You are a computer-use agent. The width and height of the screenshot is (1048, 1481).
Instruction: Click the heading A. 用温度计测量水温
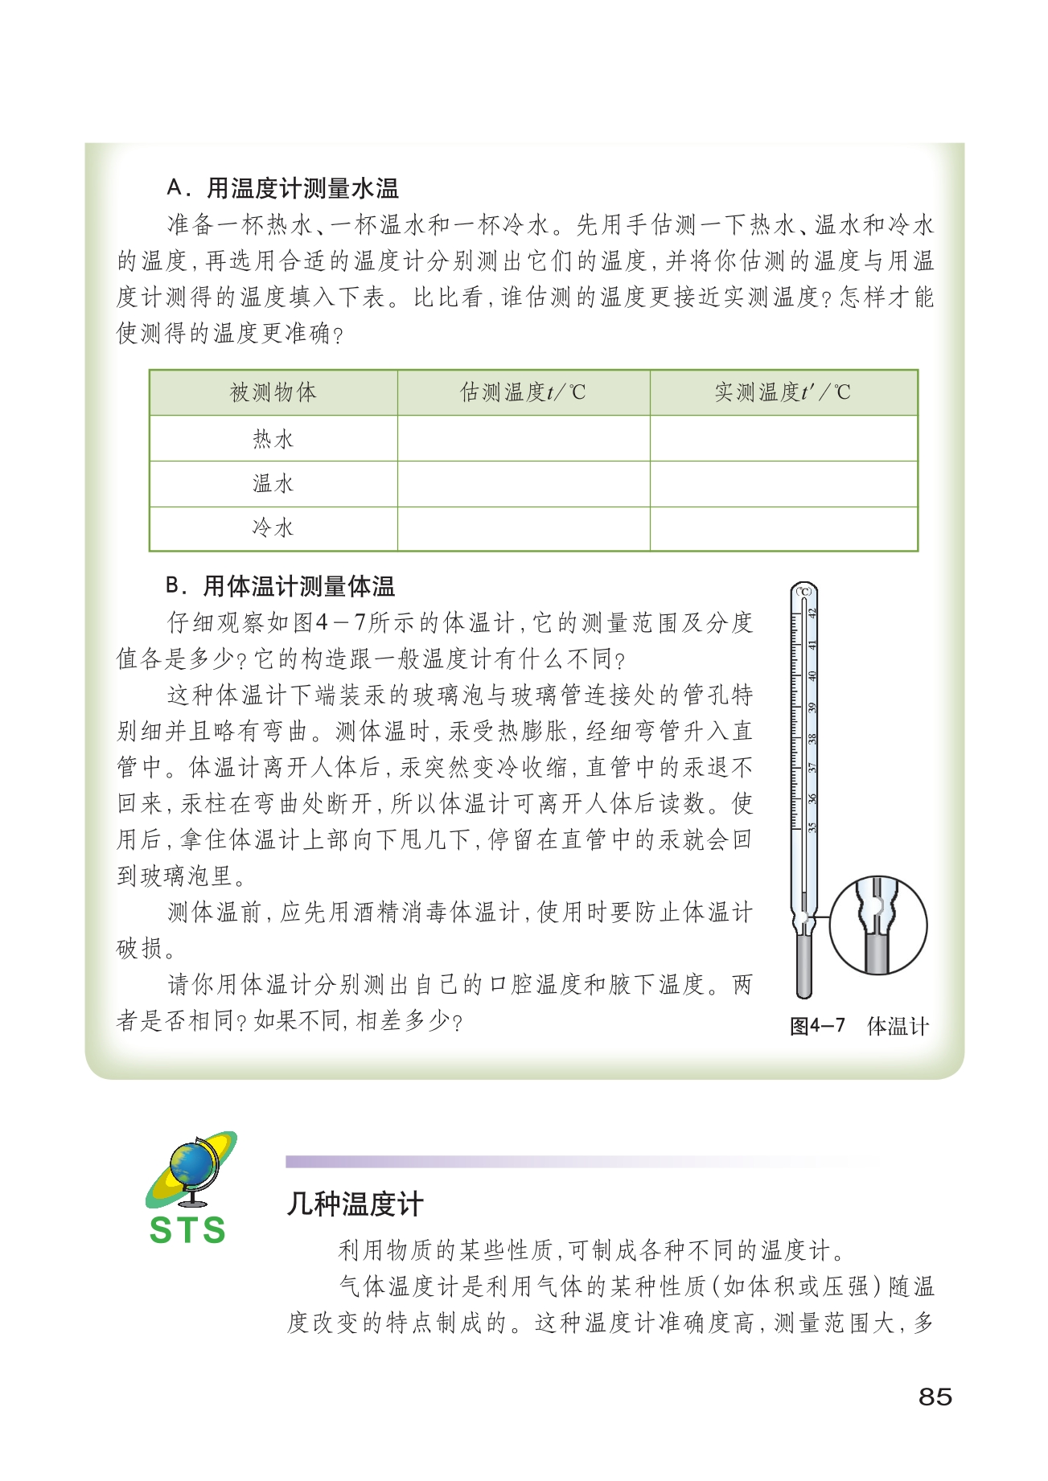coord(282,189)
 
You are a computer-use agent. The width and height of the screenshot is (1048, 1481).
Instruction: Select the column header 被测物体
coord(273,392)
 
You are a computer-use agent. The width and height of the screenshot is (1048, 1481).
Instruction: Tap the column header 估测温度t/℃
coord(523,392)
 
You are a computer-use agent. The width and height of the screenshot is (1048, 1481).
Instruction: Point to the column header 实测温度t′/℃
coord(783,392)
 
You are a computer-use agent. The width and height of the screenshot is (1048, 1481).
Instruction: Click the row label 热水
coord(273,439)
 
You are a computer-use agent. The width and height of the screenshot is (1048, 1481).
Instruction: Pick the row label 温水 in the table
coord(273,484)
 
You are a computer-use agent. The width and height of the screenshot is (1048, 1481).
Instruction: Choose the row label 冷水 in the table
coord(273,528)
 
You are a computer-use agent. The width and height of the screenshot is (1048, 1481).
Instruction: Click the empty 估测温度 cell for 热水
coord(523,439)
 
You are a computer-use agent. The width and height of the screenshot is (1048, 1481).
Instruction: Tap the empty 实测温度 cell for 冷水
coord(783,528)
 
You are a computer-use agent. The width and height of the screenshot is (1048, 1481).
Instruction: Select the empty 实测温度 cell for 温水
coord(783,484)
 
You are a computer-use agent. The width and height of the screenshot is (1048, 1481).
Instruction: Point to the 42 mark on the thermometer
coord(812,613)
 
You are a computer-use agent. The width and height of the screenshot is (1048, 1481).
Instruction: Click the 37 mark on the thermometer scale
coord(812,768)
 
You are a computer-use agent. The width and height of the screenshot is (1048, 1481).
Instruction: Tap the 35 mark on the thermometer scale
coord(812,827)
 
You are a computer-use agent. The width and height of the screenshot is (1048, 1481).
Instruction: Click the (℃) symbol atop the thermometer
coord(804,592)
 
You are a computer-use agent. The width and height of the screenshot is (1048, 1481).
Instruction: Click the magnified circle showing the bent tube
coord(877,925)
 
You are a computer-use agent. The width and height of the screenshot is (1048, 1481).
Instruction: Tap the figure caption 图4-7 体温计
coord(859,1026)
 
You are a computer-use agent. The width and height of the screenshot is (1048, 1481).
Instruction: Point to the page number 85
coord(935,1397)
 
